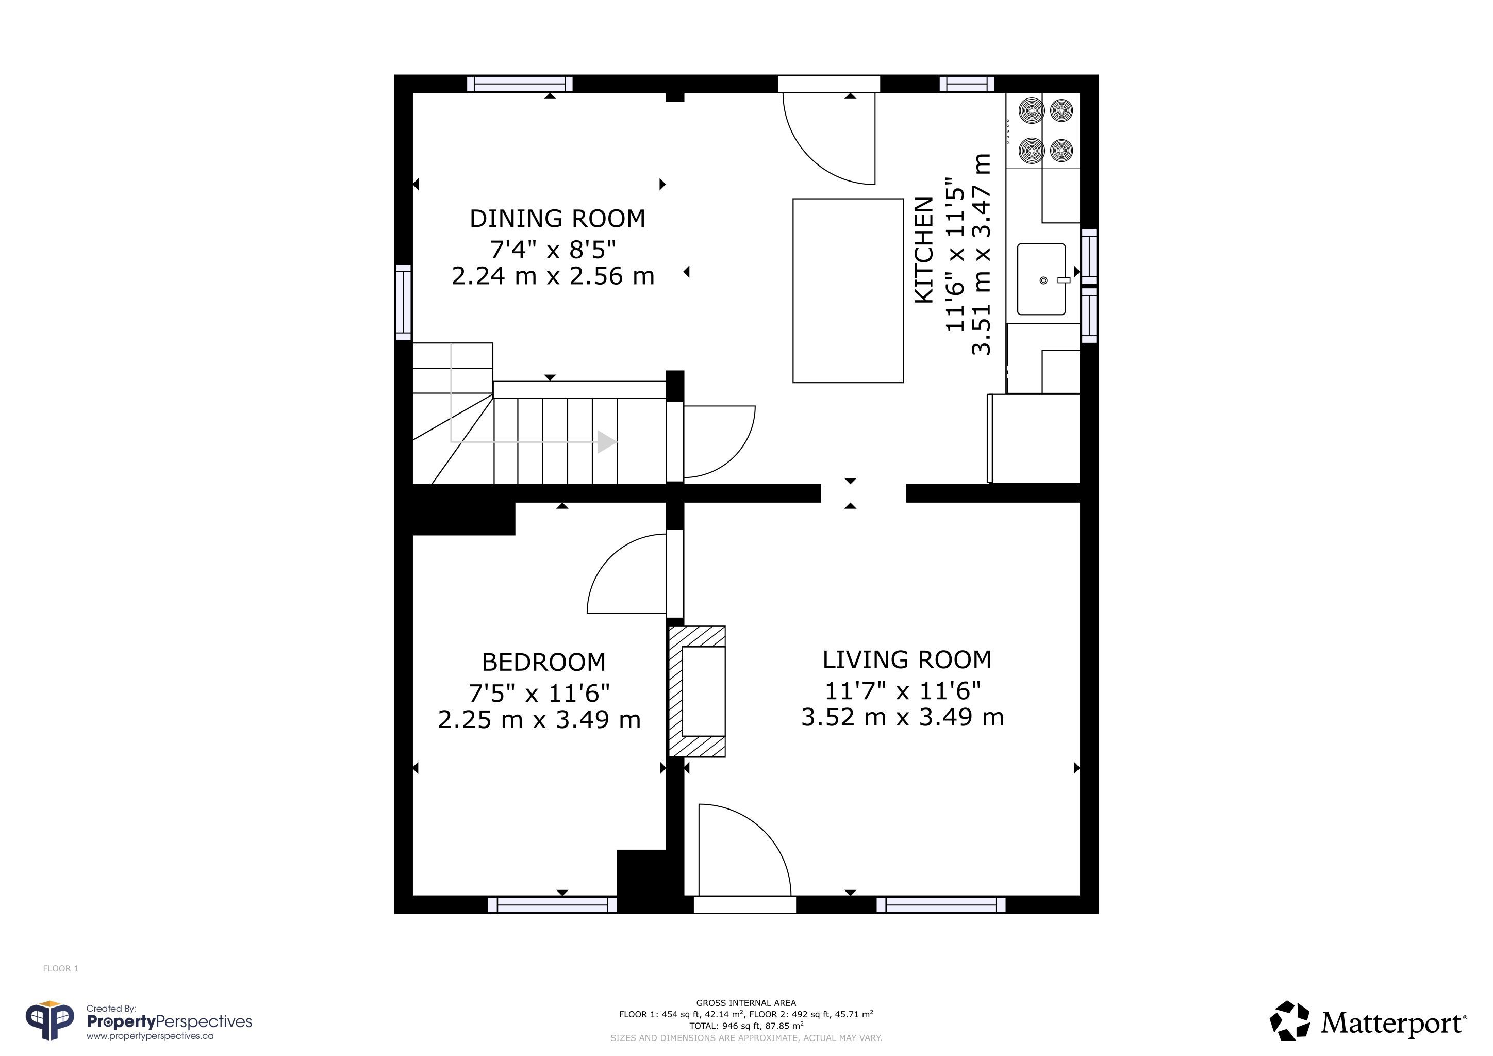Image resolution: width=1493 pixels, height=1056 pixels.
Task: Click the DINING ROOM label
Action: [x=557, y=219]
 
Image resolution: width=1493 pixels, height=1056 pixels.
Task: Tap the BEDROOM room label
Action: [x=543, y=663]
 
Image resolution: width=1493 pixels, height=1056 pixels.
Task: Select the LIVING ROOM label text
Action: [x=907, y=660]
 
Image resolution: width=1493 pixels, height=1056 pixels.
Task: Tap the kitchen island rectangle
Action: [x=848, y=291]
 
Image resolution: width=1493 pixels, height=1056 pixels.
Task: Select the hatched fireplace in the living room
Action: [x=697, y=691]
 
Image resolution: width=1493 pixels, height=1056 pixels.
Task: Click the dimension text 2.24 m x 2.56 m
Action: [x=553, y=276]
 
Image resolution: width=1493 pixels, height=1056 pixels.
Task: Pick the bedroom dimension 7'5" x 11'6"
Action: [x=539, y=693]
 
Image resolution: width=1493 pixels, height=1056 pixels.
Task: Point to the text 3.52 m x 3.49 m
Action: [x=903, y=717]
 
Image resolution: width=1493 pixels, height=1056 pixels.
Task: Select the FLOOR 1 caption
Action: [x=60, y=968]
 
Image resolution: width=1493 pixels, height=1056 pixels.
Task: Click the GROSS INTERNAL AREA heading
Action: [x=746, y=1003]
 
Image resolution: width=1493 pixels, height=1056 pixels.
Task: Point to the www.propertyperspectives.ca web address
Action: [x=150, y=1036]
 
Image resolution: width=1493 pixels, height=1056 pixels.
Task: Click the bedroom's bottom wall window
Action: [x=552, y=904]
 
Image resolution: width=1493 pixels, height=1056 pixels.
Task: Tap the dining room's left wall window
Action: [x=404, y=302]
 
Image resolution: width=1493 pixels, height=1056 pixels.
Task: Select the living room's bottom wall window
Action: [x=941, y=904]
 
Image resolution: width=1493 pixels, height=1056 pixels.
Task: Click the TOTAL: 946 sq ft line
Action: [x=746, y=1026]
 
